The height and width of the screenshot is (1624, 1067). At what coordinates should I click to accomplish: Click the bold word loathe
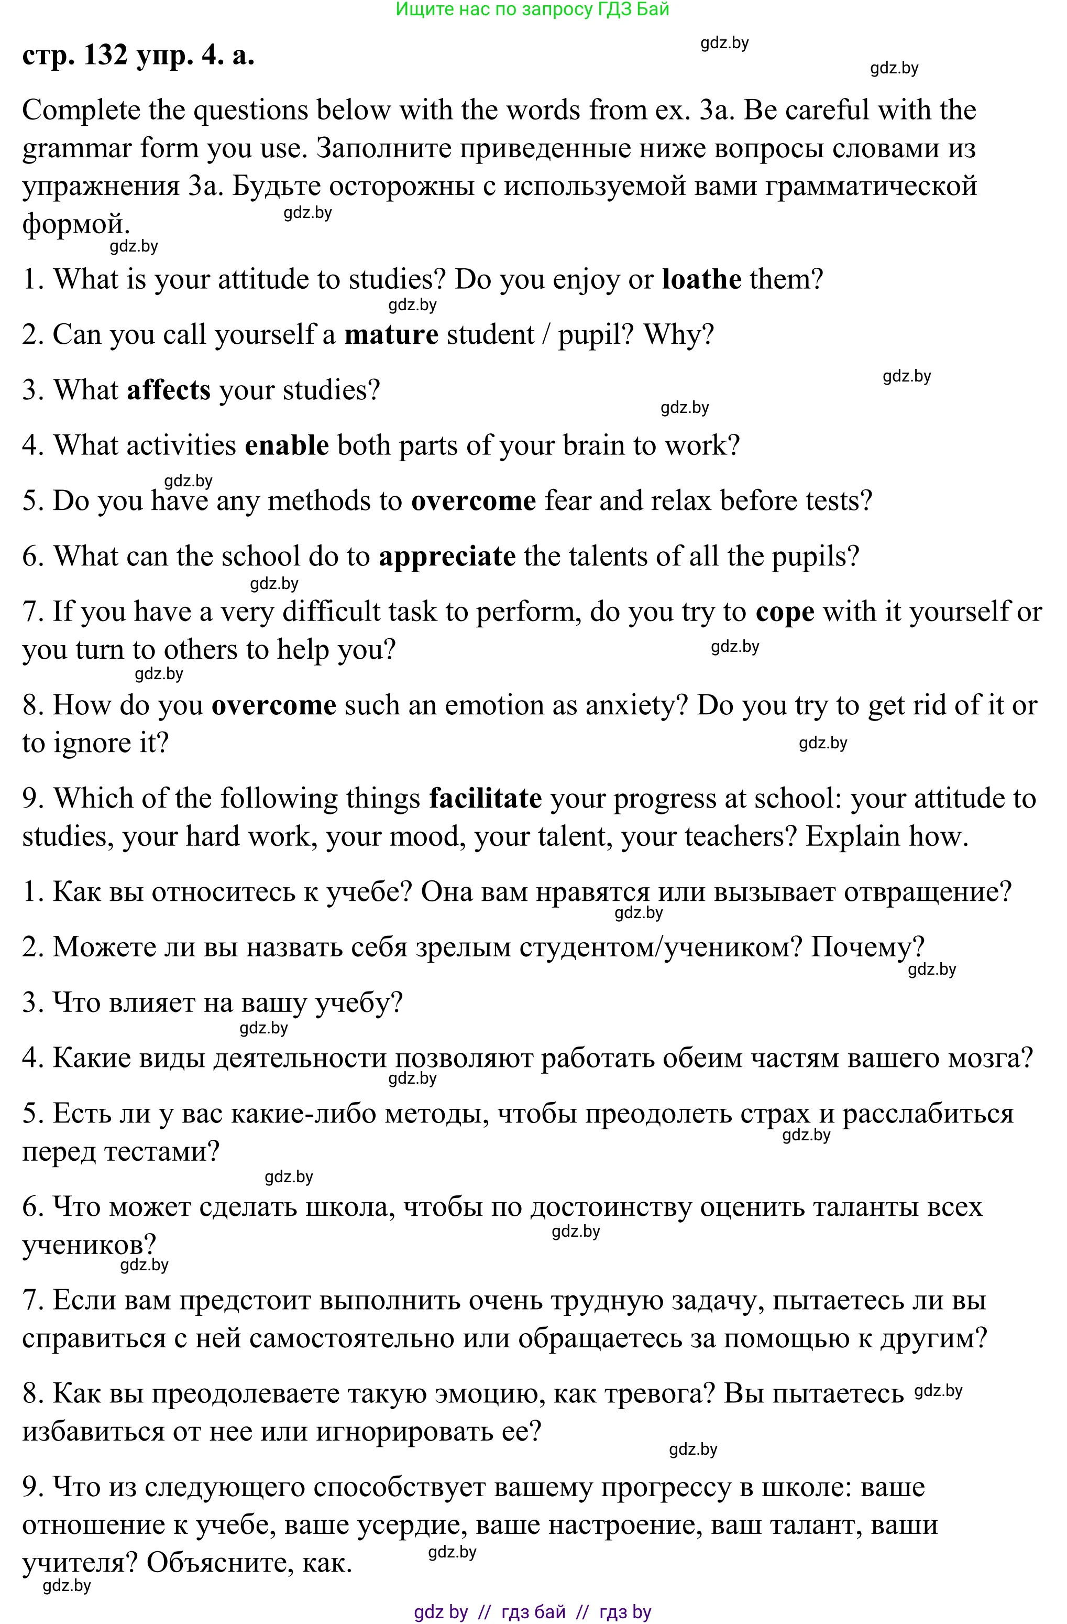click(x=701, y=280)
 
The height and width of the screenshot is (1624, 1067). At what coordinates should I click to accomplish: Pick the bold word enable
click(x=287, y=445)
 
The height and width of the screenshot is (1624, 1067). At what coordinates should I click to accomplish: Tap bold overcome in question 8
click(x=273, y=705)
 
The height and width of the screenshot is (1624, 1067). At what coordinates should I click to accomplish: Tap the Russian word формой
click(x=75, y=224)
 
